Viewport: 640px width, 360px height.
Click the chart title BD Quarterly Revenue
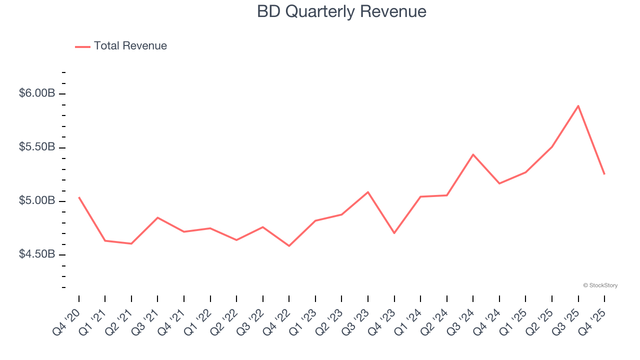tap(341, 11)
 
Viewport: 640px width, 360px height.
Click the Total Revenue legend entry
tap(121, 46)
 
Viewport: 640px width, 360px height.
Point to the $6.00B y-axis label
tap(37, 93)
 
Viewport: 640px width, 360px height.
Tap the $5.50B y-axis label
tap(37, 147)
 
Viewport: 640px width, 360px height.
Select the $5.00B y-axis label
tap(37, 201)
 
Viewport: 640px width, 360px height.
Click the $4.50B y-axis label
tap(37, 254)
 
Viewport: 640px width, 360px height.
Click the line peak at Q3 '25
tap(578, 106)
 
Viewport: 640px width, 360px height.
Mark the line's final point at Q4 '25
tap(604, 174)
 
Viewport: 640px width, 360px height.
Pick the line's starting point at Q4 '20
tap(79, 197)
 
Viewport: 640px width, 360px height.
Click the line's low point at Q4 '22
tap(289, 245)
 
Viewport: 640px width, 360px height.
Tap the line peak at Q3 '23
tap(368, 192)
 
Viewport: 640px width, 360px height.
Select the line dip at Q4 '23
tap(394, 233)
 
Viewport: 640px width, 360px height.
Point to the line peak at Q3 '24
tap(473, 154)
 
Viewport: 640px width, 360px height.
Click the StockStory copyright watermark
tap(600, 285)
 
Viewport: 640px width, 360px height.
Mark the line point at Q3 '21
tap(157, 217)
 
